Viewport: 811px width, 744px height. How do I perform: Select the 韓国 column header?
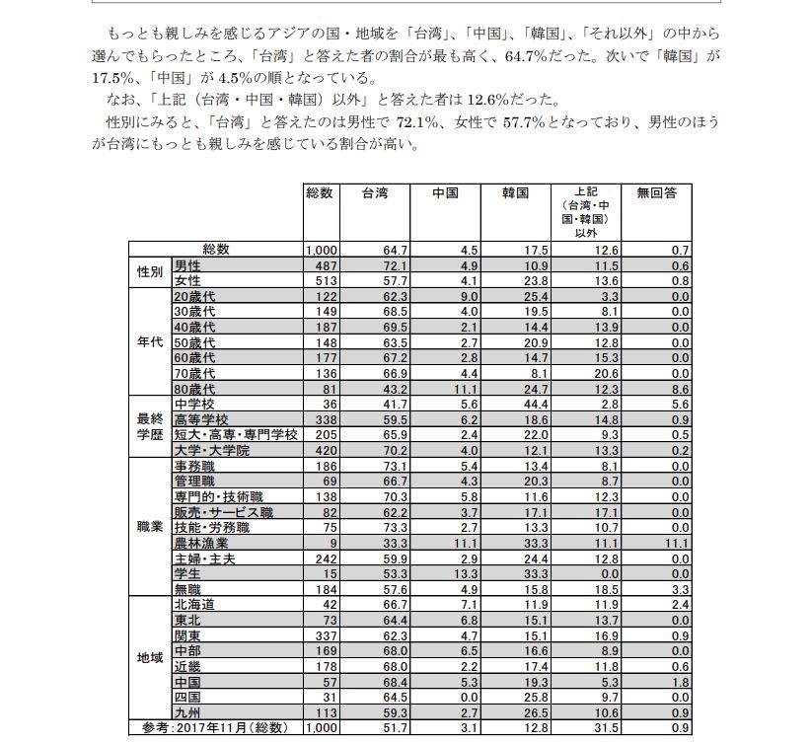click(x=515, y=193)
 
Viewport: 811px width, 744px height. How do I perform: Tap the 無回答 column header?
click(x=656, y=193)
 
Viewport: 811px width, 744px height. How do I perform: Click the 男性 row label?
click(x=186, y=266)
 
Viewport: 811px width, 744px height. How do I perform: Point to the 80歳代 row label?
click(x=194, y=389)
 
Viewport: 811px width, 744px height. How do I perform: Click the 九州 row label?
click(x=186, y=712)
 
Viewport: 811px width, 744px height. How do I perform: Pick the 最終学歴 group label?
click(x=150, y=426)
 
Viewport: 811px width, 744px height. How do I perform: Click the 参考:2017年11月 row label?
click(x=215, y=728)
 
